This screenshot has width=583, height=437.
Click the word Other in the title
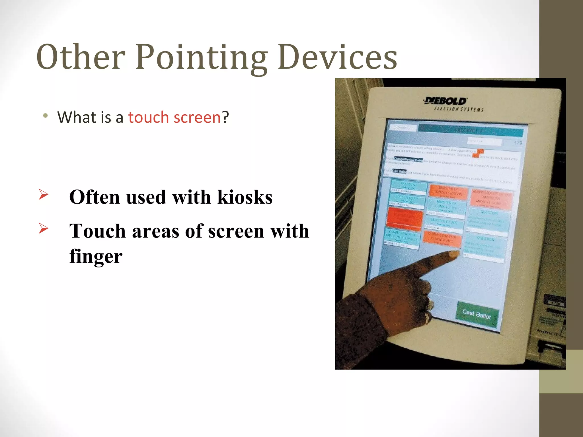[x=81, y=57]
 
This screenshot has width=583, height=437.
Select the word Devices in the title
[x=338, y=57]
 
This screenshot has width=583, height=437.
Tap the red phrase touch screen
[x=174, y=117]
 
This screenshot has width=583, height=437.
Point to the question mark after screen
[x=225, y=117]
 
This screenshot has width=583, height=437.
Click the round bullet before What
[x=45, y=116]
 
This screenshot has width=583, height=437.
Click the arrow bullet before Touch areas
[x=43, y=228]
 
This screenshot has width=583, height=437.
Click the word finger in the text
[x=96, y=256]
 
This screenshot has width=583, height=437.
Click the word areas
[x=155, y=231]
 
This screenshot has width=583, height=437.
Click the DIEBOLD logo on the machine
[x=446, y=101]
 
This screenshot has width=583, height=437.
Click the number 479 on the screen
[x=518, y=143]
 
